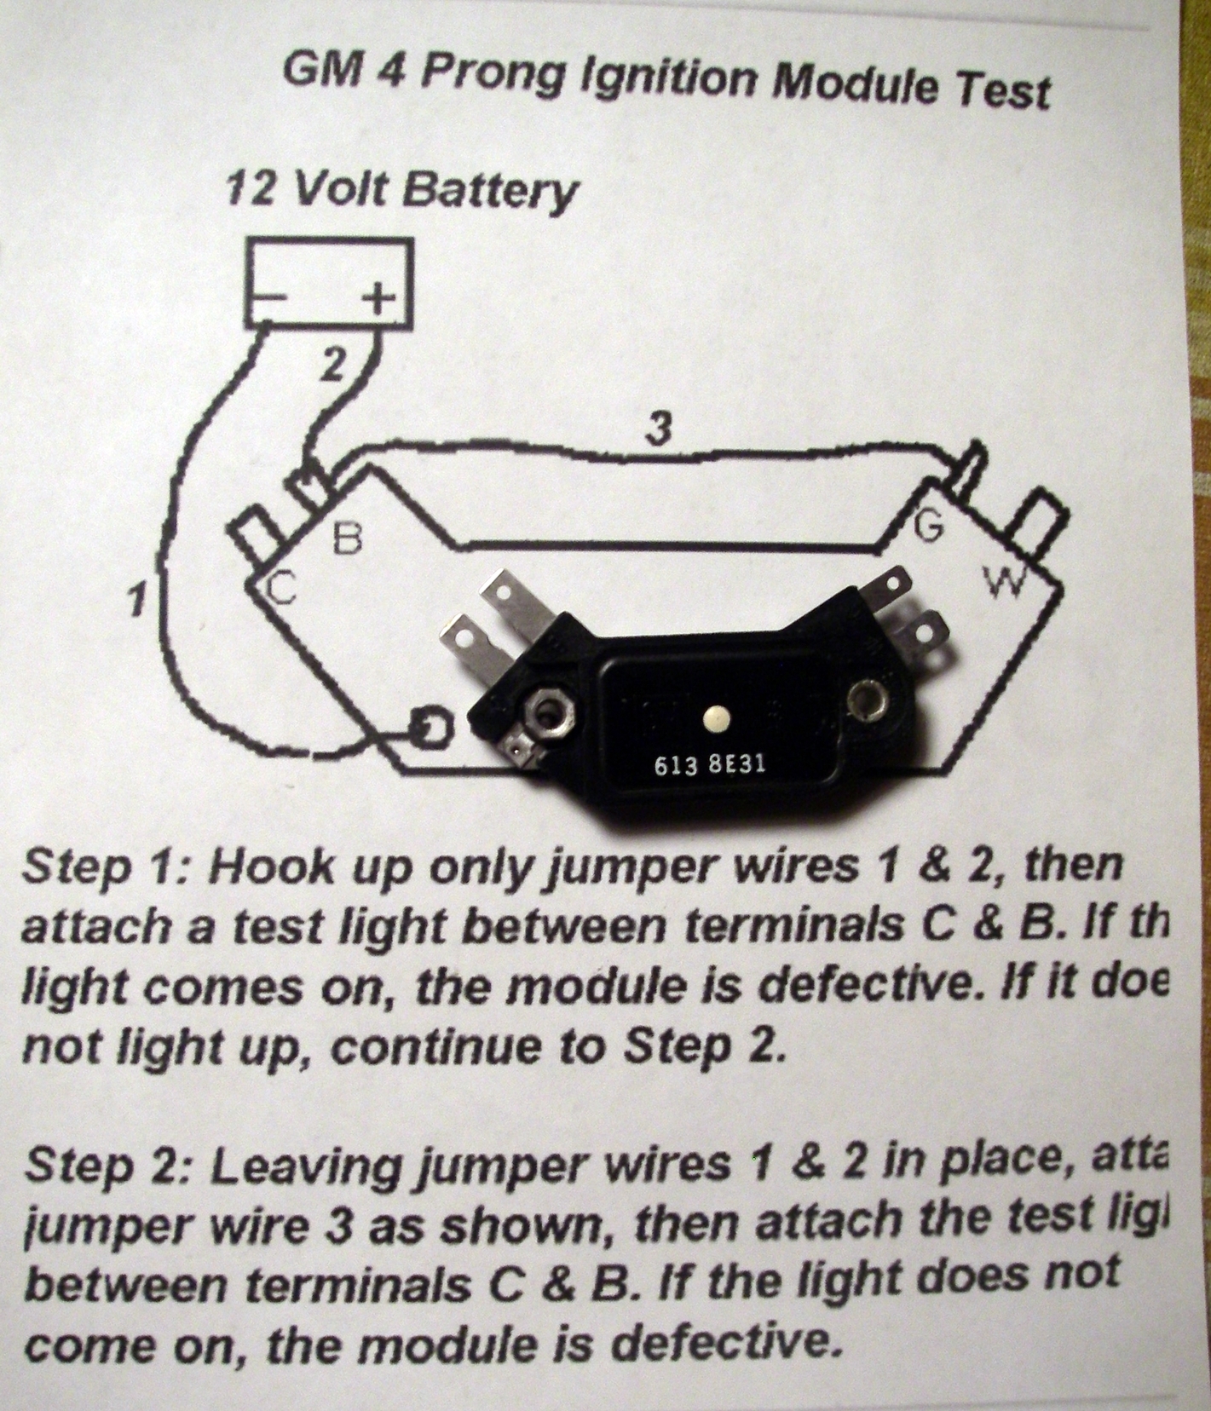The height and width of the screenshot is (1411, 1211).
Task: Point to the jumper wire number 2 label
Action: click(333, 366)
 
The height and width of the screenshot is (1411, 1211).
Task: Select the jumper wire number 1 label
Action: click(133, 600)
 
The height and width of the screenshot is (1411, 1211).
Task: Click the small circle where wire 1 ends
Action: click(431, 728)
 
